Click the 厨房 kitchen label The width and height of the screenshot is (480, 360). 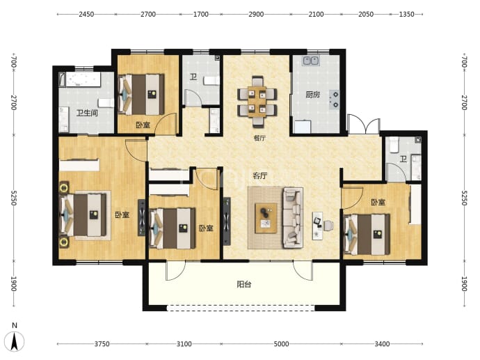(x=312, y=95)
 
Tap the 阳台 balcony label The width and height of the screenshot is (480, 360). (x=244, y=284)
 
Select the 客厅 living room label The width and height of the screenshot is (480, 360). (x=260, y=175)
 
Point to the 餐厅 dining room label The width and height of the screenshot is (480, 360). (x=259, y=138)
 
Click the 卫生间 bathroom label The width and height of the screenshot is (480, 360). (x=87, y=113)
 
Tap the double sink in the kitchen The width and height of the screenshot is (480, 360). (x=311, y=61)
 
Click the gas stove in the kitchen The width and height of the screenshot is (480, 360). (x=335, y=100)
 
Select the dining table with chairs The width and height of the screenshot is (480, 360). (x=257, y=102)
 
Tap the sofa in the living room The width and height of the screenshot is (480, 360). (x=293, y=218)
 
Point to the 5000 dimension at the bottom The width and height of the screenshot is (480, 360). (x=281, y=344)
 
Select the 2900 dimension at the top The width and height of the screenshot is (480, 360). (x=256, y=14)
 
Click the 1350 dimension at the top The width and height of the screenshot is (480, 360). (x=406, y=14)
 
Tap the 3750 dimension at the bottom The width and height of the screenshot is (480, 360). (x=102, y=344)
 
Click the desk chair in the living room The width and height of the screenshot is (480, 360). (x=328, y=225)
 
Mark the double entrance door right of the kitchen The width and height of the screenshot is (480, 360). (x=364, y=125)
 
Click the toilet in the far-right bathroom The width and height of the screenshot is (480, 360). (x=394, y=145)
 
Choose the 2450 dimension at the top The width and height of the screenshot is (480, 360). (x=86, y=14)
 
